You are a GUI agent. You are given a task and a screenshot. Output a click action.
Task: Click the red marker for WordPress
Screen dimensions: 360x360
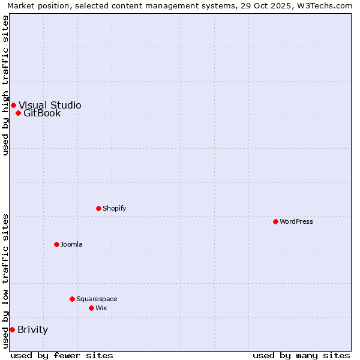pyautogui.click(x=275, y=221)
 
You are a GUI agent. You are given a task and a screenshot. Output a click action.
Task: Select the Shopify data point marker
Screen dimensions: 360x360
pyautogui.click(x=98, y=208)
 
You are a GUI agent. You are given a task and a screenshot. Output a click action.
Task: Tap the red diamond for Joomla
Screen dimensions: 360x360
pyautogui.click(x=56, y=244)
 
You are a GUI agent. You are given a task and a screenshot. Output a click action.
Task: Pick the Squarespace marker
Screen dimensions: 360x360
pyautogui.click(x=72, y=299)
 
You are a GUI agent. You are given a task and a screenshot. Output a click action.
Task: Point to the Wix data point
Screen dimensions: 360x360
pyautogui.click(x=91, y=308)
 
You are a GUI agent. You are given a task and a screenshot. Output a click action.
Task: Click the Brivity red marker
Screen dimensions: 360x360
pyautogui.click(x=12, y=329)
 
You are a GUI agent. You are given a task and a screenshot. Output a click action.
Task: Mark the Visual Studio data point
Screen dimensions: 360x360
pyautogui.click(x=13, y=105)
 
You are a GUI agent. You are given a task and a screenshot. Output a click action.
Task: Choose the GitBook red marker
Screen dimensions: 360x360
pyautogui.click(x=18, y=113)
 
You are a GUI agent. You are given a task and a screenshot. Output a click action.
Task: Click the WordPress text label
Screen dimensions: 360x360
pyautogui.click(x=296, y=221)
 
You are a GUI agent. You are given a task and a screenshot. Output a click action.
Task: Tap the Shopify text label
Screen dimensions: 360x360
pyautogui.click(x=115, y=208)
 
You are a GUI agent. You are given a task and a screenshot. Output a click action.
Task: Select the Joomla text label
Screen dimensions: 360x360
pyautogui.click(x=71, y=244)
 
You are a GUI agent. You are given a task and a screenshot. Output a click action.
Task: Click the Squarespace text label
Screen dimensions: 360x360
pyautogui.click(x=97, y=299)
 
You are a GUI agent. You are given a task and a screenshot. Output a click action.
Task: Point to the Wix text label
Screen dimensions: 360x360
pyautogui.click(x=101, y=308)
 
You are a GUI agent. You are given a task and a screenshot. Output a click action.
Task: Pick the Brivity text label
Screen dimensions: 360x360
pyautogui.click(x=33, y=329)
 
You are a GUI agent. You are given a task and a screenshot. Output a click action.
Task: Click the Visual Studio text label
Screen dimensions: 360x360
pyautogui.click(x=50, y=105)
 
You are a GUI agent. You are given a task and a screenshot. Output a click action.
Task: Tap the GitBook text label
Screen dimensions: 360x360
pyautogui.click(x=42, y=113)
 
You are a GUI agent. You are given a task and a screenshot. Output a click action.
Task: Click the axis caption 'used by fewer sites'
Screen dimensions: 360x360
pyautogui.click(x=62, y=355)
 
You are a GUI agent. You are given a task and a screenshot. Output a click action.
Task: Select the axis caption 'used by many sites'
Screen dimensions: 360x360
pyautogui.click(x=301, y=355)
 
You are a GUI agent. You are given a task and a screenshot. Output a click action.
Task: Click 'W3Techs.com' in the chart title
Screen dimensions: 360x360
pyautogui.click(x=327, y=5)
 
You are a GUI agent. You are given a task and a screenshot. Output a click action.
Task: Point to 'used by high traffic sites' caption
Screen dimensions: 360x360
pyautogui.click(x=5, y=85)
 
